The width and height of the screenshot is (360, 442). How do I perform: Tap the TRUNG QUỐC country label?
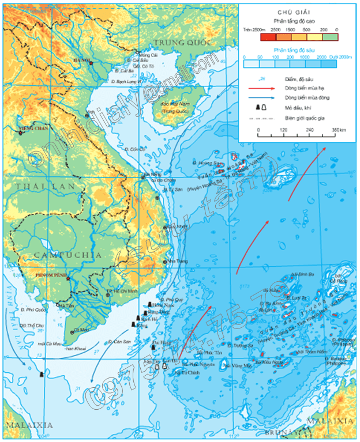click(x=178, y=43)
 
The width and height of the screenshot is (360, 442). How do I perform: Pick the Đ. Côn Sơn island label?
click(x=119, y=342)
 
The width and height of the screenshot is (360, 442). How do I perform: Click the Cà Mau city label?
click(x=81, y=330)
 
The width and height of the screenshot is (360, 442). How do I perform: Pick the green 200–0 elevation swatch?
click(x=329, y=37)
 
